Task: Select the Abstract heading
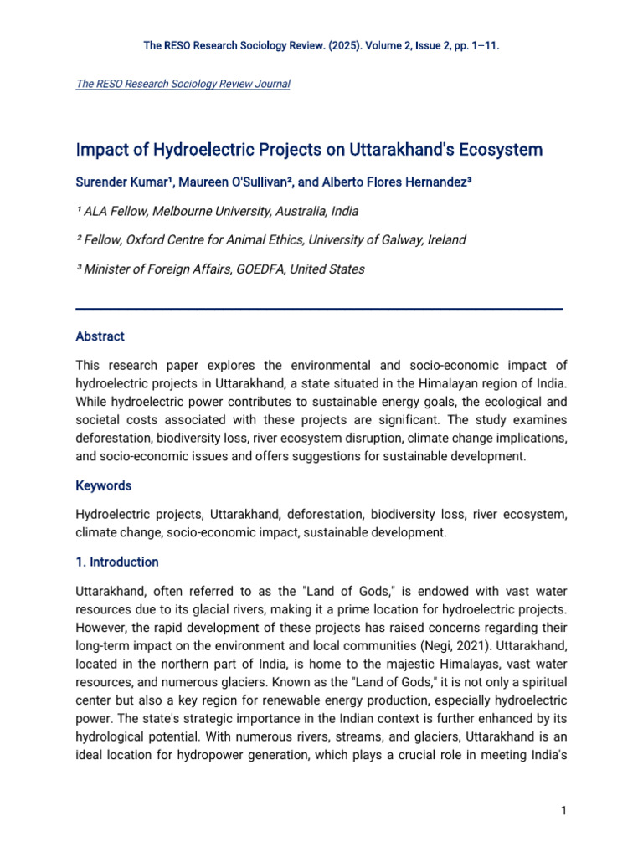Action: (100, 336)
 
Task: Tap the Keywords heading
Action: (103, 485)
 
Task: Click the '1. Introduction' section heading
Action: (117, 562)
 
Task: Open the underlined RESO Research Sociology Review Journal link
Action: (183, 85)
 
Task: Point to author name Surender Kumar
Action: (122, 182)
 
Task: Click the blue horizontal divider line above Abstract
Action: (318, 309)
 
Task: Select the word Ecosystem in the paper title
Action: (495, 151)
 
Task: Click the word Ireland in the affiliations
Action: (445, 240)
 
